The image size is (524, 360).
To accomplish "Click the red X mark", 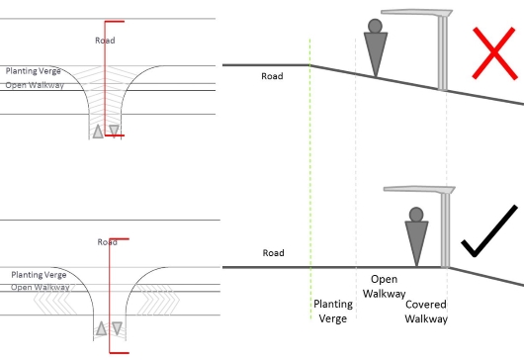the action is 494,53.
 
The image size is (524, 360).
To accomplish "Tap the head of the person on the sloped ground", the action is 375,26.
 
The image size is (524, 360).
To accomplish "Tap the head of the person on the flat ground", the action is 416,215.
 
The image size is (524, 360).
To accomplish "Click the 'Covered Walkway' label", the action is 426,312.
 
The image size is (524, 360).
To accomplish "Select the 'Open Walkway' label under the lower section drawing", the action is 385,287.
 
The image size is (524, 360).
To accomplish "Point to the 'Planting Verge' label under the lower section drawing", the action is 333,311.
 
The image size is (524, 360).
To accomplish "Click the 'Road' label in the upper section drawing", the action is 272,76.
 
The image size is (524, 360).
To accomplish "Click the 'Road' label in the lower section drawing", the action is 273,253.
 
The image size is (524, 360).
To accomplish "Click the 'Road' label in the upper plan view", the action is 105,41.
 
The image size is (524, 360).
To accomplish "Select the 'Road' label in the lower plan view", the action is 108,242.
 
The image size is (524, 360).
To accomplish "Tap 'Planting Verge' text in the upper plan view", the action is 34,71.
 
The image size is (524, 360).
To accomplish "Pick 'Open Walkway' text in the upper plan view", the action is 35,85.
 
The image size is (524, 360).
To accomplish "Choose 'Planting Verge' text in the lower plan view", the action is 39,275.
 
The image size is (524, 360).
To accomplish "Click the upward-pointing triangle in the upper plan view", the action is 98,132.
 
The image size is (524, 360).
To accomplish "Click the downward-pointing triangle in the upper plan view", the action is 114,131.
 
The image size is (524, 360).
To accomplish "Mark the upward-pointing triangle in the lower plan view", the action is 101,328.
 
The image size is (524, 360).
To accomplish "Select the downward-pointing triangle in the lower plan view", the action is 117,328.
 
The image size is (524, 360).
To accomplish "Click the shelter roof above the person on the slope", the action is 416,13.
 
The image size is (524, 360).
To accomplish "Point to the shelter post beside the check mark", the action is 445,230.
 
